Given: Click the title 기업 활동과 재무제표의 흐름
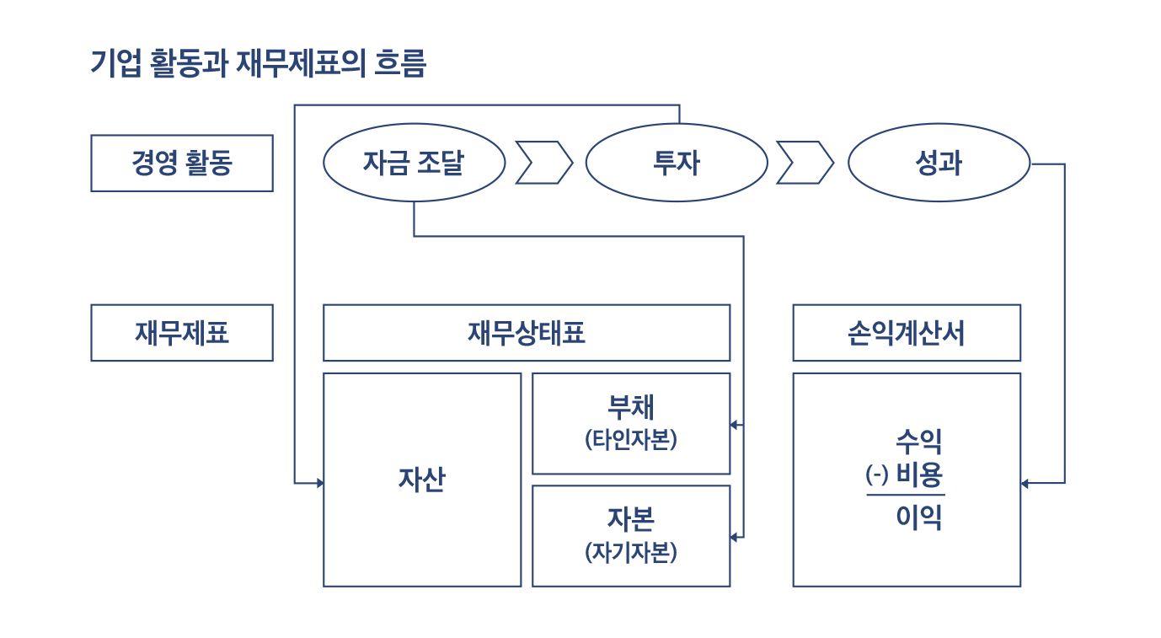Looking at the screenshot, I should [258, 63].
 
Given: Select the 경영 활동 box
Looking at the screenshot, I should [181, 163].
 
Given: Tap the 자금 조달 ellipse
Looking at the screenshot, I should [414, 163].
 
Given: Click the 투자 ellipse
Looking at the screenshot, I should [677, 163].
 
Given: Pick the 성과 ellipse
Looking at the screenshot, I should [938, 163].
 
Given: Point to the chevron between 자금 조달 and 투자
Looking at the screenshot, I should [543, 163].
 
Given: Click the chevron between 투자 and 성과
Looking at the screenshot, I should [805, 163].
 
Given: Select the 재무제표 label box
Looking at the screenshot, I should [181, 333].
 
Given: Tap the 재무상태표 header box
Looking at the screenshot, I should [527, 333].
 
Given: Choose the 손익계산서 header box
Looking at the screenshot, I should [907, 333].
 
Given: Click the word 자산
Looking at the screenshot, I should [422, 480].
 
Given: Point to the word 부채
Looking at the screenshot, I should [630, 408].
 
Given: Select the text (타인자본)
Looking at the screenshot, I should [630, 440].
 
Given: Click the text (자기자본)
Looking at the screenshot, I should [630, 552].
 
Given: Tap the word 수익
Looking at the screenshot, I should [918, 441].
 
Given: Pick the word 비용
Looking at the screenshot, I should [919, 476].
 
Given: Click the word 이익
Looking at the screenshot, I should [918, 517].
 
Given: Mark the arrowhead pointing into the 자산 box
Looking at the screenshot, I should [319, 483].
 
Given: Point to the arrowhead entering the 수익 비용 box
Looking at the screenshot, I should [1025, 483].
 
